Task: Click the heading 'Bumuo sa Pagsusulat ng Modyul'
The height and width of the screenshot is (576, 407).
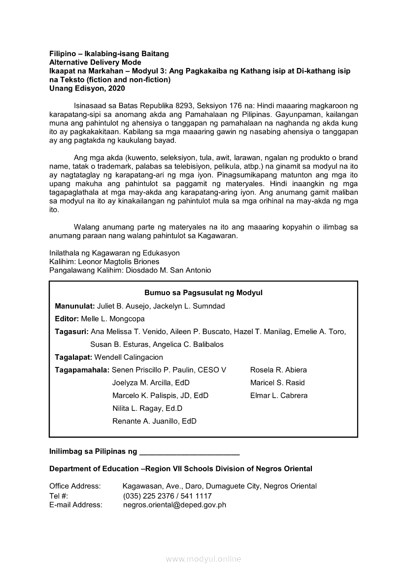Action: (203, 293)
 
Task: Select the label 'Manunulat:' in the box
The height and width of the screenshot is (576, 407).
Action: (75, 306)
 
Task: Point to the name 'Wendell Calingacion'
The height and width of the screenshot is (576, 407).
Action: (129, 357)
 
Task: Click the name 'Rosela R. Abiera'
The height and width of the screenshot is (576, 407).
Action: (278, 370)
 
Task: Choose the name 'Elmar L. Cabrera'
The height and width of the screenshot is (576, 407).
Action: (279, 396)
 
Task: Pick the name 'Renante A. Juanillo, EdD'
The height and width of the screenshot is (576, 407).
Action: (154, 421)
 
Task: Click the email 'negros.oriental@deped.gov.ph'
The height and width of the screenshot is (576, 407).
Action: (174, 505)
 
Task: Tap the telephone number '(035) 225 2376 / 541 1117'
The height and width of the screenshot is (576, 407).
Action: (167, 496)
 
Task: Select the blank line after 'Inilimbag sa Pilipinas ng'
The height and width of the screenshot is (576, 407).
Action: (190, 451)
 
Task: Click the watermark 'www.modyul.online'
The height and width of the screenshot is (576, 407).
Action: (203, 559)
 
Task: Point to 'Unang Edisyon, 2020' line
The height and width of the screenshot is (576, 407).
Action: (87, 89)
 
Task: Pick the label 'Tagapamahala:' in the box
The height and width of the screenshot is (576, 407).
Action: (82, 370)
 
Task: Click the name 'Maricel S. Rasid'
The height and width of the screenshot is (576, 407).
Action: (277, 383)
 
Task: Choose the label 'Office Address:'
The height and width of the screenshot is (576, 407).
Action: (75, 486)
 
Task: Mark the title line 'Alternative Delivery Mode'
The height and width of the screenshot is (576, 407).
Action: (95, 62)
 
